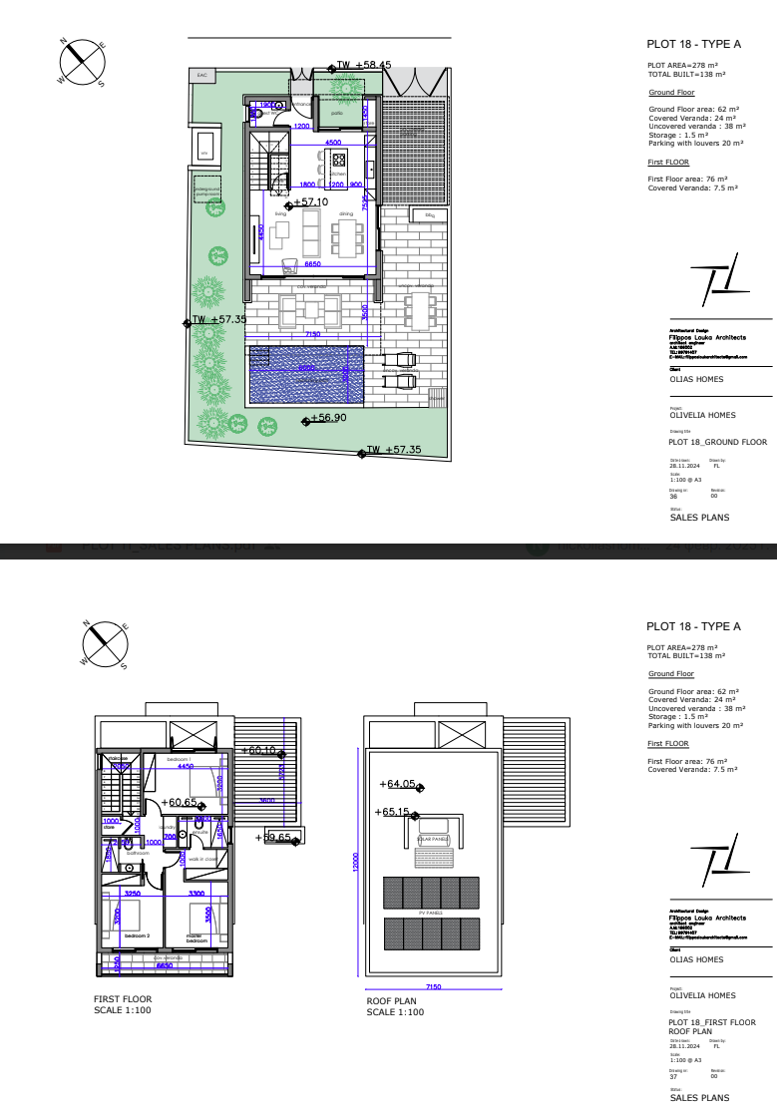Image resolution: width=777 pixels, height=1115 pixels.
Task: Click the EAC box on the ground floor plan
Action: click(201, 75)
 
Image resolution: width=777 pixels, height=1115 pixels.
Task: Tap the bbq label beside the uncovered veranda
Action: click(430, 215)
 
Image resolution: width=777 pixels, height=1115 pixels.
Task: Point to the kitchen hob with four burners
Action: click(338, 159)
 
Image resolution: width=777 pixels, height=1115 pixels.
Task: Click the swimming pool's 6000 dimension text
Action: click(306, 368)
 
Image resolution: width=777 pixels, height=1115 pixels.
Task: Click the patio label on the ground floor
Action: click(337, 114)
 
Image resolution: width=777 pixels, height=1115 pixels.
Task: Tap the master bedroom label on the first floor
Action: click(196, 938)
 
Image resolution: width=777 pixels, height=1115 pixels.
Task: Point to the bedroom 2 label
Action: click(137, 935)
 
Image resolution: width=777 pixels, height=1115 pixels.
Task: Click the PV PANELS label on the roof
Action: click(431, 913)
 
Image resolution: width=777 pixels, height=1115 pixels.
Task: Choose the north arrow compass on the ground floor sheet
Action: click(83, 61)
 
